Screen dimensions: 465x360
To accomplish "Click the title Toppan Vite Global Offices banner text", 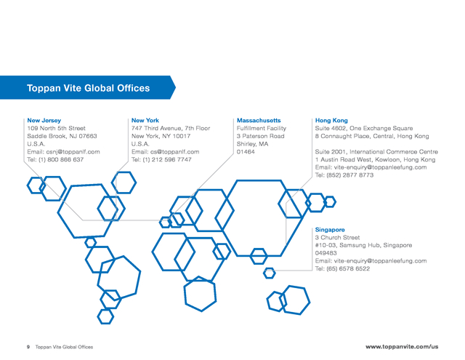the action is coord(88,88).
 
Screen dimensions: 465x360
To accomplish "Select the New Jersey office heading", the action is coord(44,121).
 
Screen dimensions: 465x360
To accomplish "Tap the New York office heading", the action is coord(145,121).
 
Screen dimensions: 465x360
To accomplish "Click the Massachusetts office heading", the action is coord(259,121).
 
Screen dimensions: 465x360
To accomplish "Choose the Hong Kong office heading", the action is coord(331,121).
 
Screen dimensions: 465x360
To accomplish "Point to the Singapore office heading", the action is coord(330,230).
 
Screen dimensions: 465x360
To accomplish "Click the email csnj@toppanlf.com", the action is coord(73,152).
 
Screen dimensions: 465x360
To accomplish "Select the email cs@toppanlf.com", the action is coord(174,152).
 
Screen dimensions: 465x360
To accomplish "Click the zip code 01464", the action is coord(246,152).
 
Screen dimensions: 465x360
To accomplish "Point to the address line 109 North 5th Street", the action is coord(57,128).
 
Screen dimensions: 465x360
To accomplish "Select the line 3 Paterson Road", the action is coord(260,136).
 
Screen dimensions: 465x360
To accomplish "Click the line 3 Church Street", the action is coord(337,237).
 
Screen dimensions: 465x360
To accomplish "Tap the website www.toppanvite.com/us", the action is coord(402,347).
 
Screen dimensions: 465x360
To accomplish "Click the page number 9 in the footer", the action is coord(28,347).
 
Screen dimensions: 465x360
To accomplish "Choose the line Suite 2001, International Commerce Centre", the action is coord(376,152).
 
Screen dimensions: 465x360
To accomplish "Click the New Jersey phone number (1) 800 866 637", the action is coord(61,160).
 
